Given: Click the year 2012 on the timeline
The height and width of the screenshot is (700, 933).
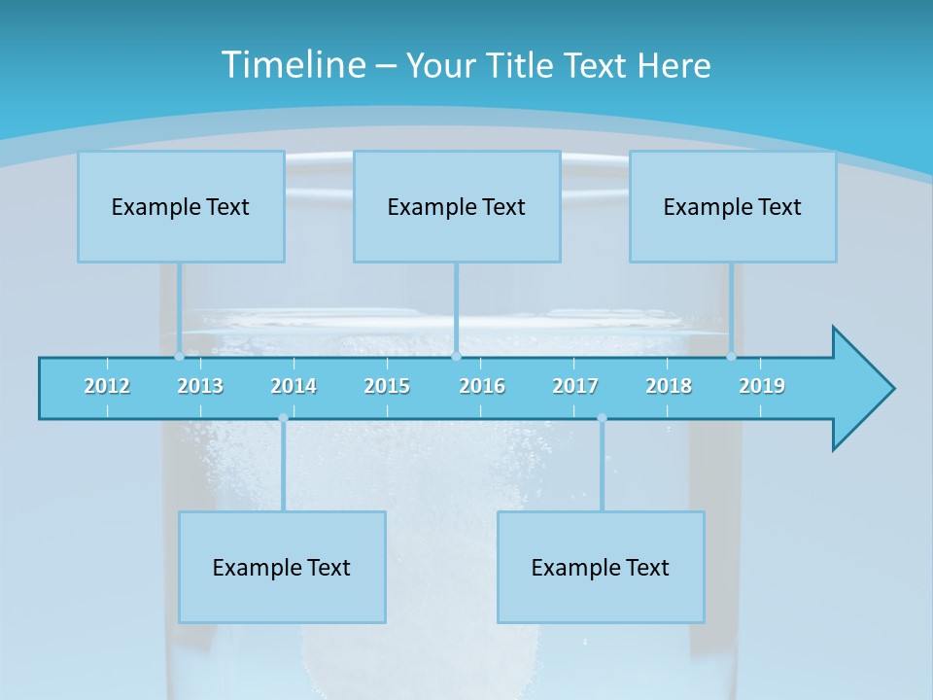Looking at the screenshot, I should click(107, 386).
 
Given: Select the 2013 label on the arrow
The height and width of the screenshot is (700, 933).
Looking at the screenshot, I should click(200, 386).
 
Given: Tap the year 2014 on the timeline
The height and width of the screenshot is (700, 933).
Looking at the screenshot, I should click(294, 386).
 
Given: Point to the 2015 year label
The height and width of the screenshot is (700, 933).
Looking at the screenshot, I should click(387, 386).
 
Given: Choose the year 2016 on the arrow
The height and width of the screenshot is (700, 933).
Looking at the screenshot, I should click(482, 386).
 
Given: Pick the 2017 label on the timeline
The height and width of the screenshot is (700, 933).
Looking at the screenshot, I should click(575, 386).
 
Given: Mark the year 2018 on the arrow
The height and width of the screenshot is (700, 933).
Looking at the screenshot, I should click(669, 386).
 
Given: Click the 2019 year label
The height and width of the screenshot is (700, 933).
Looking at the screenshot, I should click(762, 386).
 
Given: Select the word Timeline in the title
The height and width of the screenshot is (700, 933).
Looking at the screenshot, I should click(293, 65).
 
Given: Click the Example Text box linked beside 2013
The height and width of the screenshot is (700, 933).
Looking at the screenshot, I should click(181, 206).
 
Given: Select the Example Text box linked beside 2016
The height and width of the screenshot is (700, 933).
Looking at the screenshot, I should click(457, 206).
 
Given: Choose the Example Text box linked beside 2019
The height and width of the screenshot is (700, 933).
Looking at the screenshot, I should click(733, 206).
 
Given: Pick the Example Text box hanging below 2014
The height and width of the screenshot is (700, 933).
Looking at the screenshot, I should click(282, 567).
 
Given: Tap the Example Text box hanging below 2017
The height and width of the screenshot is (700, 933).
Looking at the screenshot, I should click(601, 567).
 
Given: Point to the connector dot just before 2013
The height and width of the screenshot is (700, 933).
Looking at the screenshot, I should click(179, 357).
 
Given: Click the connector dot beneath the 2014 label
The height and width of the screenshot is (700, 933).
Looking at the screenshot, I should click(283, 418).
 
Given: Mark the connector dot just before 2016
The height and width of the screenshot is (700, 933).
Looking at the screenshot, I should click(456, 357).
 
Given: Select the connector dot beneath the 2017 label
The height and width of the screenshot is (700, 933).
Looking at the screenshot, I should click(602, 418).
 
